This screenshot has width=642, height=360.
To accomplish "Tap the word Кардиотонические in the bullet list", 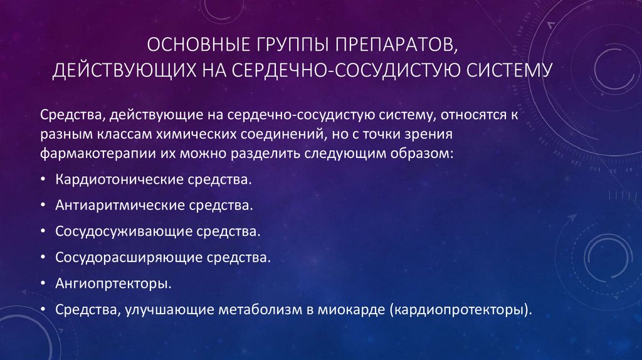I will (120, 179).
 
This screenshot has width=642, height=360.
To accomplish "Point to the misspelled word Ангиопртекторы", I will (112, 283).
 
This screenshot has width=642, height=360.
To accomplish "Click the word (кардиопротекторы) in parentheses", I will (460, 309).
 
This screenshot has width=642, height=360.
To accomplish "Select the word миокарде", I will (352, 309).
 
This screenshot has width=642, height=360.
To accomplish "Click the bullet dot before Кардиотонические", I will (42, 180).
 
